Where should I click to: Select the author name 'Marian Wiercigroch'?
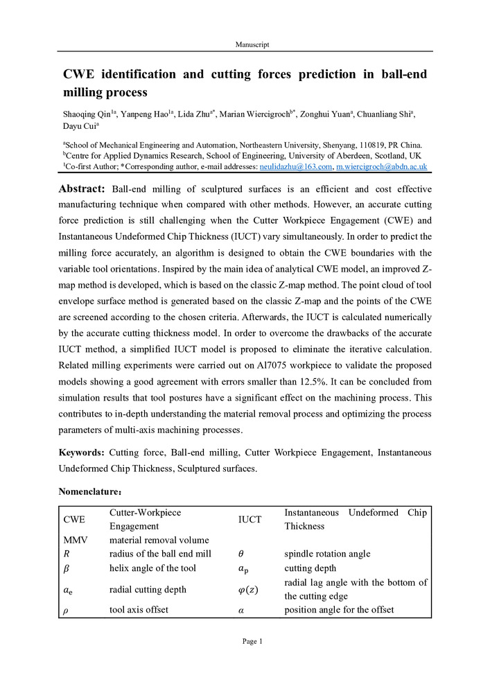(x=265, y=115)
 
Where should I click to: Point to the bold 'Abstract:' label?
(x=81, y=189)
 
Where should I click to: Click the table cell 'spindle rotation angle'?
(x=327, y=554)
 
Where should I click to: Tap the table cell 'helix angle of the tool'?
(x=152, y=568)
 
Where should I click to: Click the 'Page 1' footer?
(x=252, y=642)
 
